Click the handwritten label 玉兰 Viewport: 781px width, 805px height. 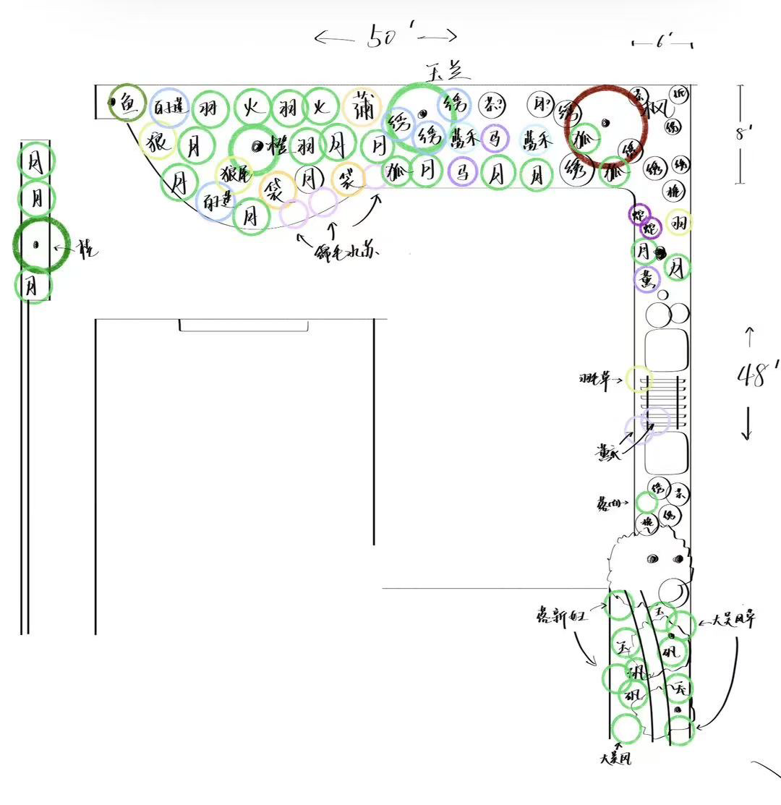click(448, 72)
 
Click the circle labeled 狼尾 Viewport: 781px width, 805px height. click(234, 174)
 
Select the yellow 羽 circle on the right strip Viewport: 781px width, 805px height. click(678, 222)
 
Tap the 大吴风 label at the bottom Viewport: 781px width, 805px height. click(615, 759)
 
